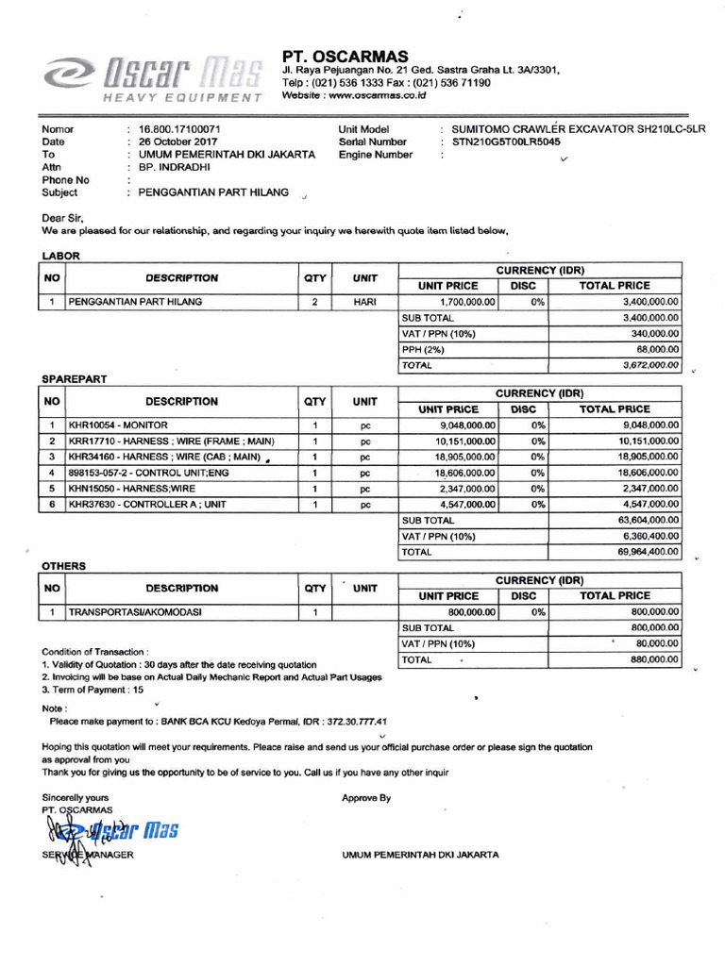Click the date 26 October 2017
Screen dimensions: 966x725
(178, 142)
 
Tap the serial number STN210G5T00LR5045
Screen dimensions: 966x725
(506, 142)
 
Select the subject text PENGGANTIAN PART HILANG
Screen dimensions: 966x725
(213, 192)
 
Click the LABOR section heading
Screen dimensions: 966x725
(60, 255)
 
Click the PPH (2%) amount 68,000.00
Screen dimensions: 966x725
(656, 349)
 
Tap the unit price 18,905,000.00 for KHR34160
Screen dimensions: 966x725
(464, 457)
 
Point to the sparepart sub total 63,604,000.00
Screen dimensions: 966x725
(648, 520)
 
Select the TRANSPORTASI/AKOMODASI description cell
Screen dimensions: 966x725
(134, 612)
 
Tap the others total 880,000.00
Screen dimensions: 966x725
(654, 659)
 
